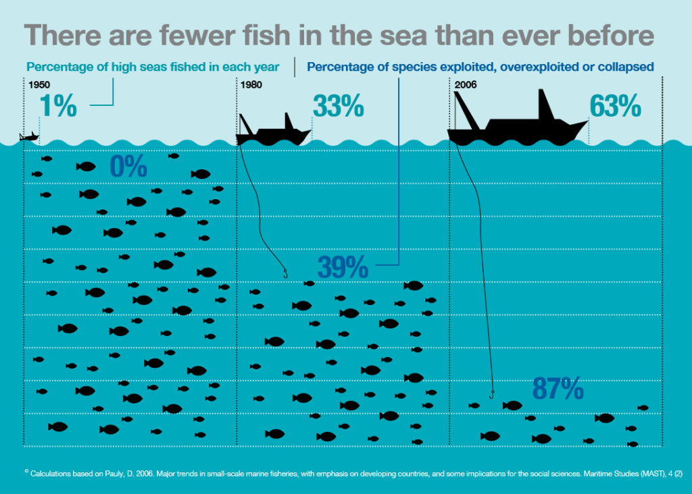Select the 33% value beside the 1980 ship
point(339,107)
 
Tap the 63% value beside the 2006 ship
point(615,107)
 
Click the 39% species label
point(343,268)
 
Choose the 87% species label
point(558,389)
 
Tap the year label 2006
point(466,85)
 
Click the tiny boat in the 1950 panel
point(29,137)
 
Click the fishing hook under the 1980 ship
point(285,273)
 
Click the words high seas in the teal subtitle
point(128,67)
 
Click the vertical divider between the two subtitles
point(295,67)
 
